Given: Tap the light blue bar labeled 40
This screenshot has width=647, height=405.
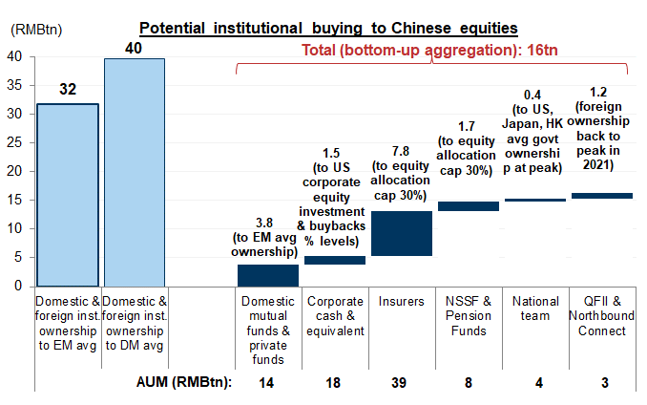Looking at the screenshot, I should click(x=134, y=172).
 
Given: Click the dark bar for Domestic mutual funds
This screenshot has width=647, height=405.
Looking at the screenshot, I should click(x=267, y=275).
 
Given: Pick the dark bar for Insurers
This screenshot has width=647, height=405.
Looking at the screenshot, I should click(x=401, y=233).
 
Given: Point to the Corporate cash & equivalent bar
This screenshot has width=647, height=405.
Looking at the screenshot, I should click(x=335, y=260).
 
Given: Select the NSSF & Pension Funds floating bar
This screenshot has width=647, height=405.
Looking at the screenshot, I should click(x=468, y=205).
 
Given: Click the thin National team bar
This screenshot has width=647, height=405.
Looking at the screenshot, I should click(x=534, y=200).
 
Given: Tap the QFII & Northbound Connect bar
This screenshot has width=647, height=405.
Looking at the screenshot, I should click(x=601, y=196).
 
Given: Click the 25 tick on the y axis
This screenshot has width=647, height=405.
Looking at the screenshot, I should click(x=16, y=142).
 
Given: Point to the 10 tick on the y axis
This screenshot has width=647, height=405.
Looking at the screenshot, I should click(x=16, y=228).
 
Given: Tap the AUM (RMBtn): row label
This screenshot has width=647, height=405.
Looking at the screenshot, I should click(x=181, y=382).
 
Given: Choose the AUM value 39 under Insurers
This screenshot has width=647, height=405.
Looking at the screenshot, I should click(x=401, y=382).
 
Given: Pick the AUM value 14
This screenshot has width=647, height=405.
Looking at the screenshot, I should click(x=268, y=382).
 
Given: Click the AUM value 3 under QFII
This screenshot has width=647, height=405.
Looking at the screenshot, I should click(x=601, y=382).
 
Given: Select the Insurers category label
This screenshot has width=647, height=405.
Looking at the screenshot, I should click(x=401, y=302).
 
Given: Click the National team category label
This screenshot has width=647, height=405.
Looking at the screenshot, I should click(x=534, y=309).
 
